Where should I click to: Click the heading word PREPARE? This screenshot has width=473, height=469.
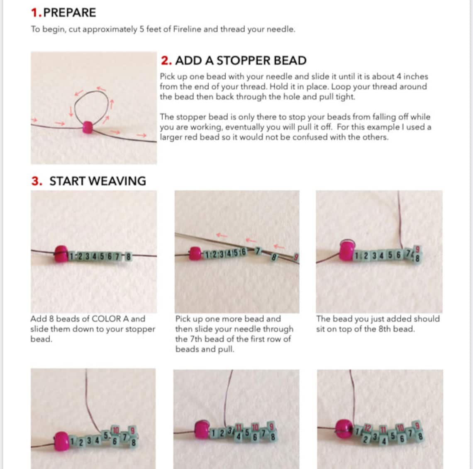coord(69,12)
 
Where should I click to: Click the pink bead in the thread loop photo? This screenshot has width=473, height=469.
coord(88,127)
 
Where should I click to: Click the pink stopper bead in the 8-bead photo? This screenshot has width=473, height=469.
coord(61,254)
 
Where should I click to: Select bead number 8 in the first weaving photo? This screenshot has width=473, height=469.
coord(129,257)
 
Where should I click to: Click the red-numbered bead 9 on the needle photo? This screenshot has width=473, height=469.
coord(296,258)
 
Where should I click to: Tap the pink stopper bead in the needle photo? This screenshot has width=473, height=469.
coord(195,253)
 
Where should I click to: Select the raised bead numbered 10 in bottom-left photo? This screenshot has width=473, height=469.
coord(116,430)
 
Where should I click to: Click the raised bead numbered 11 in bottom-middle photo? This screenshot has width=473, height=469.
coord(239,428)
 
